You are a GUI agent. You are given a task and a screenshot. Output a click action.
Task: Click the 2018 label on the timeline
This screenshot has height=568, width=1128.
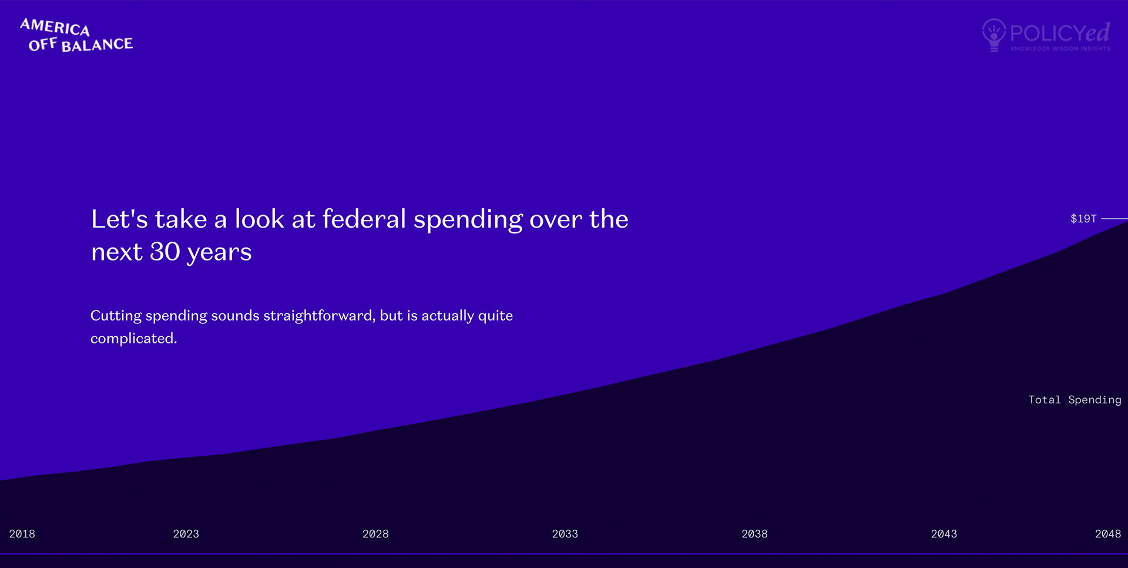point(22,534)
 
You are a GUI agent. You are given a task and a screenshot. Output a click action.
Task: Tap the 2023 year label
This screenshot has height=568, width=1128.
point(186,534)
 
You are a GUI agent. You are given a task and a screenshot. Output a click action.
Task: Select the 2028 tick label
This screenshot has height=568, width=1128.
point(375,534)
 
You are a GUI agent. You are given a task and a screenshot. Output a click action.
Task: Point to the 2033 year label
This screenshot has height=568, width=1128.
point(565,534)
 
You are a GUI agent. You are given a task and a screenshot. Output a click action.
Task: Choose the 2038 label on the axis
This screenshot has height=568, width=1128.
point(754,534)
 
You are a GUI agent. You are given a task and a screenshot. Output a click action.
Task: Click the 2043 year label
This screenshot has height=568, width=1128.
point(944,534)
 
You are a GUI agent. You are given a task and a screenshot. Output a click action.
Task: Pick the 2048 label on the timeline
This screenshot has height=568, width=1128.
point(1107,534)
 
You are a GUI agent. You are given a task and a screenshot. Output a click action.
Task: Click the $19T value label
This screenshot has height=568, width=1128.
point(1083,219)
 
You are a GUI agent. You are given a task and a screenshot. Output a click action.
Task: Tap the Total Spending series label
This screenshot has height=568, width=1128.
point(1075,400)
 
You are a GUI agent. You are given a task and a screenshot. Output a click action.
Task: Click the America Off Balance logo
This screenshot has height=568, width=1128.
point(76,35)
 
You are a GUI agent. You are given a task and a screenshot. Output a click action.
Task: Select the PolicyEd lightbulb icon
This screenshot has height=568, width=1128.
point(994,35)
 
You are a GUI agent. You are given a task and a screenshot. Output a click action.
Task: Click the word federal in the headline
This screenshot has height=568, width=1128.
point(364,219)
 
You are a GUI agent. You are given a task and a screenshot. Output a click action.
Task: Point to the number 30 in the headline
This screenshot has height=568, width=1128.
point(165,252)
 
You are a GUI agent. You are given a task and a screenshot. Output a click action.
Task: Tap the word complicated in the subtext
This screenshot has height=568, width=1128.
point(133,339)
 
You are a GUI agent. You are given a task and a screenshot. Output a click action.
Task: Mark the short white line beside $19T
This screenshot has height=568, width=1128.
point(1114,219)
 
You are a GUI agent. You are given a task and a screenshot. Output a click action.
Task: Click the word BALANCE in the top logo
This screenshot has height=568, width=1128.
point(97,45)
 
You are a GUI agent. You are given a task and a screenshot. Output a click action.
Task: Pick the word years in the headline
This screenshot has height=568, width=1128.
point(219,253)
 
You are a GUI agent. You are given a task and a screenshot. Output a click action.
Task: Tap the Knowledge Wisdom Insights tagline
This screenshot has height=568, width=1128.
point(1060,49)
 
